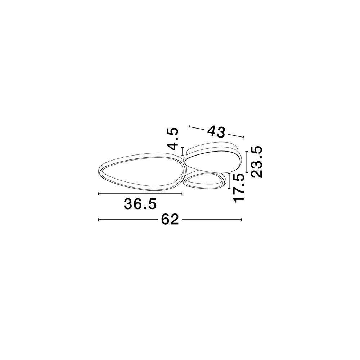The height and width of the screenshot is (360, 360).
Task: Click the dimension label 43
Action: [216, 132]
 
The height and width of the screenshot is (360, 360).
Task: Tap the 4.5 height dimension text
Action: [172, 139]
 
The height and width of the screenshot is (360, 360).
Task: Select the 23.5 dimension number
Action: [256, 162]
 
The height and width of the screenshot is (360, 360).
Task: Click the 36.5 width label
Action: [140, 204]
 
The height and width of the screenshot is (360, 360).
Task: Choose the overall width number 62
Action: [170, 220]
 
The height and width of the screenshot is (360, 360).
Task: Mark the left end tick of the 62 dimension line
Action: [99, 220]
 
